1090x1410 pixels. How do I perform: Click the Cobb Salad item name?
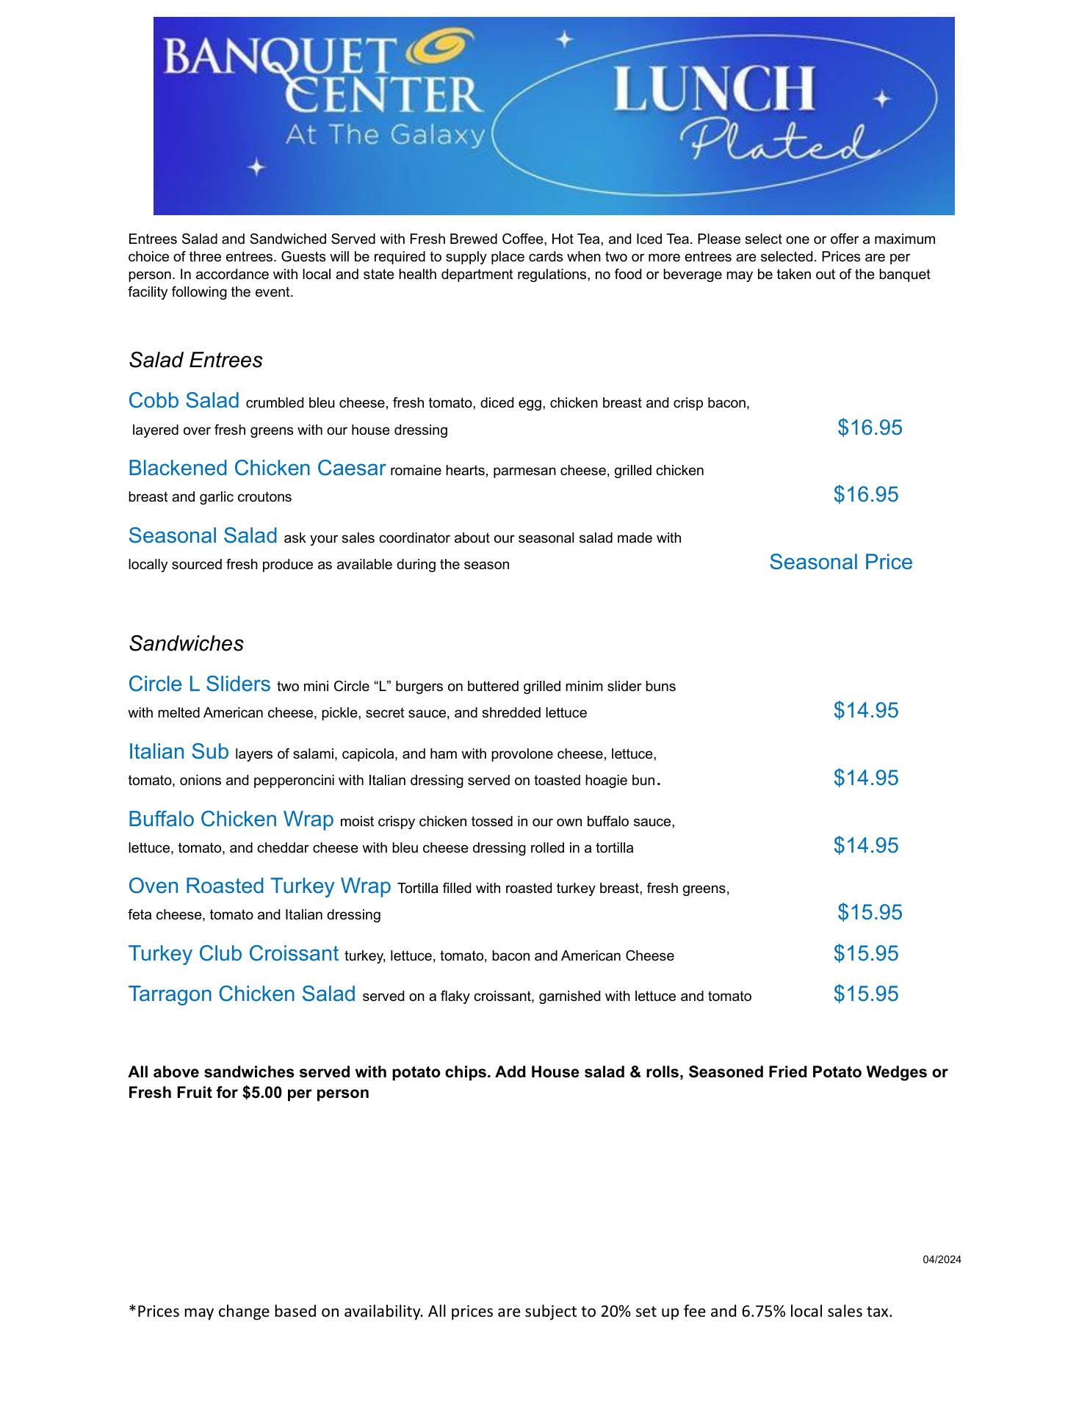tap(184, 401)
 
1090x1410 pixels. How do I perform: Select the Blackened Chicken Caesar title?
tap(256, 469)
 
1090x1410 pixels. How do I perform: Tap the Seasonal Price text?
tap(840, 563)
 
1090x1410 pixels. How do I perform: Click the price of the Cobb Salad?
tap(870, 427)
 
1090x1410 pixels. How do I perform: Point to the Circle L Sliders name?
tap(199, 684)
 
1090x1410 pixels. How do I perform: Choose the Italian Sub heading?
tap(178, 752)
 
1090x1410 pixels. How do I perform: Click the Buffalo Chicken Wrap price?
tap(865, 846)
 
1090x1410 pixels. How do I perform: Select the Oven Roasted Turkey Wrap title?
tap(259, 886)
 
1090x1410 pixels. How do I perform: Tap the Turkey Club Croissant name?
tap(234, 954)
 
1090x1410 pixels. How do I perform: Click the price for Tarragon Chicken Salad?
tap(865, 994)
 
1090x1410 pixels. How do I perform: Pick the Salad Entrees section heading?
tap(195, 361)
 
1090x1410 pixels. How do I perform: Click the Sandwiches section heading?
tap(186, 644)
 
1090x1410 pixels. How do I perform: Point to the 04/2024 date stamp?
tap(942, 1260)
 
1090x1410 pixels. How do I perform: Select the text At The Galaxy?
tap(386, 136)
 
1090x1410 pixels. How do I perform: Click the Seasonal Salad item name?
tap(203, 536)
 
